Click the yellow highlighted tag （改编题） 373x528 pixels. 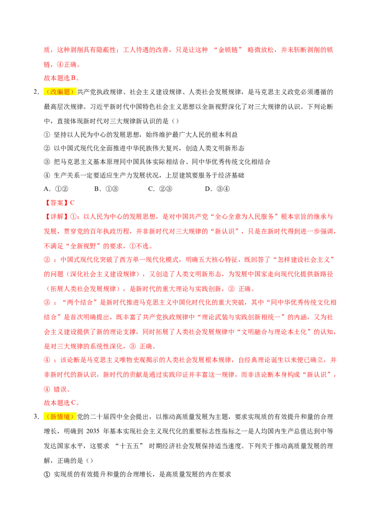(x=60, y=92)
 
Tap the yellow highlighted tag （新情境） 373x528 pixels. (x=60, y=417)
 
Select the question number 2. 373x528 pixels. (x=36, y=92)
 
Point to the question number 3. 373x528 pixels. (x=36, y=417)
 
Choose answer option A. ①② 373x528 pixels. (x=56, y=189)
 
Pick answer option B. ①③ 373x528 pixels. (x=106, y=189)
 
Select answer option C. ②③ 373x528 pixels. (x=160, y=189)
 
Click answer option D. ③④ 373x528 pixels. (x=217, y=189)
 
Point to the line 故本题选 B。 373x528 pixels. (x=62, y=78)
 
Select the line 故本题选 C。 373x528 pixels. (x=62, y=403)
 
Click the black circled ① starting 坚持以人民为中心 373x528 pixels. (x=47, y=135)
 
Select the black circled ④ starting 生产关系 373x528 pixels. (x=47, y=175)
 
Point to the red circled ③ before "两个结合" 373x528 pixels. (x=47, y=302)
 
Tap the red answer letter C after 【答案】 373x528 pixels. (x=72, y=203)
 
